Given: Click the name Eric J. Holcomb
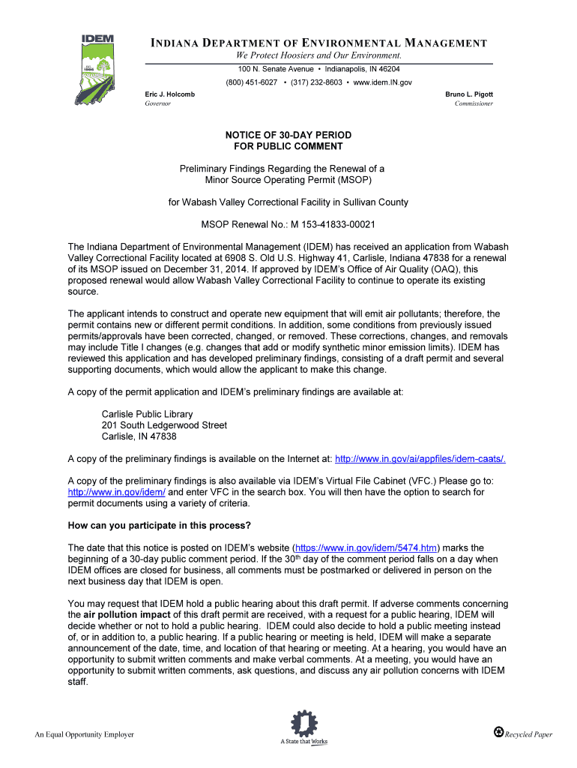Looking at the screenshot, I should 169,94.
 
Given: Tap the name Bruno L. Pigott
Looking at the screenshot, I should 469,94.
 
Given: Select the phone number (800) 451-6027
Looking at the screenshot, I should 252,82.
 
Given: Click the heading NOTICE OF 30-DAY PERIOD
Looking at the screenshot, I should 288,135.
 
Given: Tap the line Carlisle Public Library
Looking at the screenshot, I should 147,414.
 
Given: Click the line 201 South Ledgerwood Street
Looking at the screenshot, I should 164,425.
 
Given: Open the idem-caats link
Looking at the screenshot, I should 425,459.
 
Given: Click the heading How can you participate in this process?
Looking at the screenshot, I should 160,524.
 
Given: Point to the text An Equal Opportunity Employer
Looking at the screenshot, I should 85,734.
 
